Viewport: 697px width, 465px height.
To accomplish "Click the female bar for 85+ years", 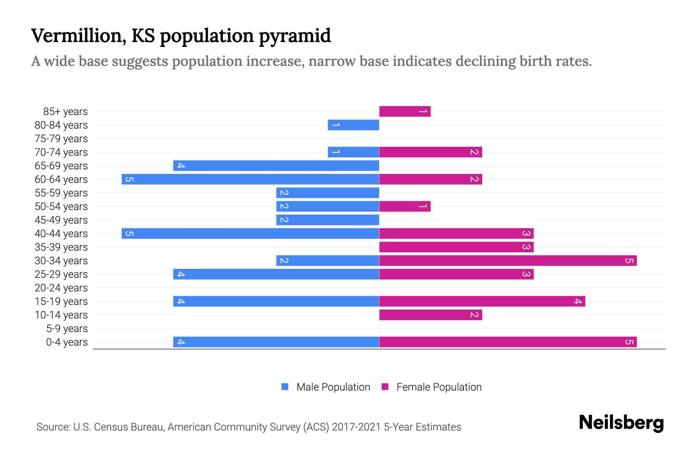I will (405, 112).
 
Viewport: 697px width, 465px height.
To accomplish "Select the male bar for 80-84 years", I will (353, 125).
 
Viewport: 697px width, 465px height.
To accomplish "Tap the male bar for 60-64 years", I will (250, 179).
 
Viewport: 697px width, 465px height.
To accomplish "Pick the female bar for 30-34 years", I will (508, 261).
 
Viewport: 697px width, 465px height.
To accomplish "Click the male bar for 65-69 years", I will (276, 166).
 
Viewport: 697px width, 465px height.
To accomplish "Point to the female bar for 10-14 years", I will (430, 315).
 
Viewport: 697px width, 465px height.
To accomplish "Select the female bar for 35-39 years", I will (456, 247).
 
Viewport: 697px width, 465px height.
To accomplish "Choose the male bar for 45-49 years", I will (327, 220).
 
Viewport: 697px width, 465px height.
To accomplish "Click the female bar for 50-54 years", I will (405, 207).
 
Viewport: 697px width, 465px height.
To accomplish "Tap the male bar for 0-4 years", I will (276, 342).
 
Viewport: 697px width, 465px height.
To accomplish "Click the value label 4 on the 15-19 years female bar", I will (577, 301).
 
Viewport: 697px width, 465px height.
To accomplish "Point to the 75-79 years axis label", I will (61, 139).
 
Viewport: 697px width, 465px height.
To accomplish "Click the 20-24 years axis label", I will (61, 288).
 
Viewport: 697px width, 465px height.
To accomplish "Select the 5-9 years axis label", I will (67, 329).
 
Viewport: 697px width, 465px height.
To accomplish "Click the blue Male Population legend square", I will (285, 387).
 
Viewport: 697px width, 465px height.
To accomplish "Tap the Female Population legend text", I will (439, 387).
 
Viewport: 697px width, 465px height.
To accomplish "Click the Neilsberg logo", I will (621, 423).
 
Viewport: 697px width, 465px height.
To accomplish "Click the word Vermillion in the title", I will (79, 36).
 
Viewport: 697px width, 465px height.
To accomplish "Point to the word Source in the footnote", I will (53, 427).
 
